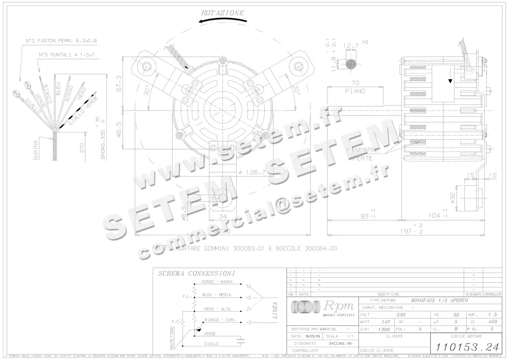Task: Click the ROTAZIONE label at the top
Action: click(x=223, y=13)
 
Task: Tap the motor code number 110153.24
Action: click(x=467, y=347)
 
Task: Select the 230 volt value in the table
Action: click(x=400, y=315)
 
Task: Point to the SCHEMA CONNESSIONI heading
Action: click(x=196, y=274)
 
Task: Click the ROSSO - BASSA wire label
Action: click(x=217, y=282)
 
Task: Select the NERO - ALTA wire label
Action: click(x=217, y=309)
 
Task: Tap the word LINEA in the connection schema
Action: click(x=275, y=310)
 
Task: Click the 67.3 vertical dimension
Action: click(x=119, y=84)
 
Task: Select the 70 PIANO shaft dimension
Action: click(x=355, y=87)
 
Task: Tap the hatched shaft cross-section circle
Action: click(x=351, y=64)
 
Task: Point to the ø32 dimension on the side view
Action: click(x=453, y=197)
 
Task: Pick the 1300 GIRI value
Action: click(x=384, y=329)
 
